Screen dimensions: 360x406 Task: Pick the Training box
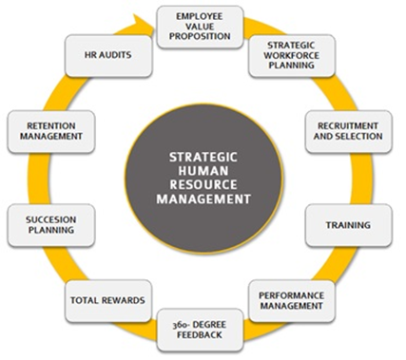(346, 225)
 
